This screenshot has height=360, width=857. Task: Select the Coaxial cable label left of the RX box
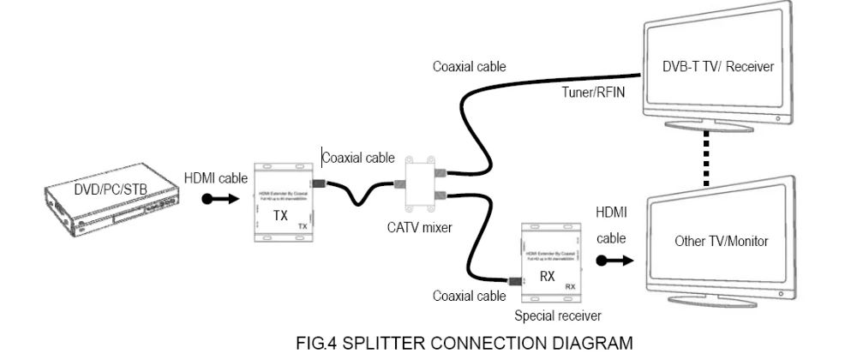(468, 297)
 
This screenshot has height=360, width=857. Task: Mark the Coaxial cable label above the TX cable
(358, 158)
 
